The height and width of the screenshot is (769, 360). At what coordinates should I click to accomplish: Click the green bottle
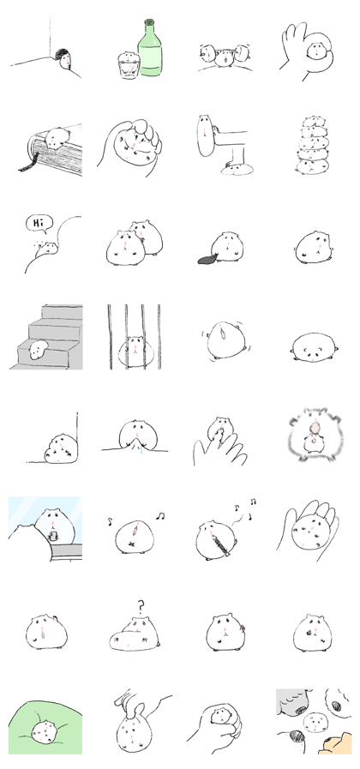click(150, 48)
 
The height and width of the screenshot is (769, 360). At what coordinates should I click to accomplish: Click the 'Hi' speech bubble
click(39, 224)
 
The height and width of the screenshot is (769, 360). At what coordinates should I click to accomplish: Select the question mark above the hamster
click(141, 608)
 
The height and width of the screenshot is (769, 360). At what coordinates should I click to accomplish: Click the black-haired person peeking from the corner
click(64, 59)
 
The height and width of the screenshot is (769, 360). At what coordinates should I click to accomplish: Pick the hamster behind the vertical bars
click(135, 351)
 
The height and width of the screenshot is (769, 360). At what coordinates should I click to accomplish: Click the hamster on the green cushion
click(45, 733)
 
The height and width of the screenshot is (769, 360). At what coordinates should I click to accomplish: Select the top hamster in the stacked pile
click(312, 122)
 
